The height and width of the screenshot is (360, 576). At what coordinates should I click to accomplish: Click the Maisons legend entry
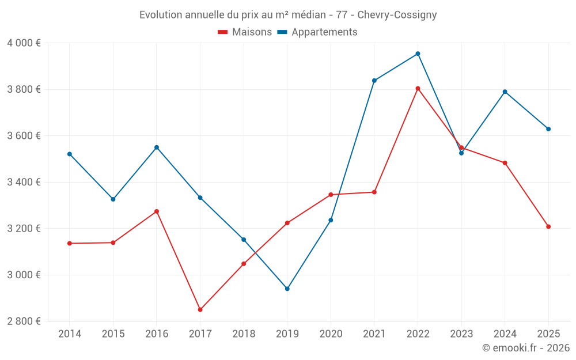(x=245, y=32)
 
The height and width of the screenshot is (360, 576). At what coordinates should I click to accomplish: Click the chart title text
(x=288, y=14)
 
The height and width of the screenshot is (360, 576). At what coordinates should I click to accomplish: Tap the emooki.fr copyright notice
(x=525, y=347)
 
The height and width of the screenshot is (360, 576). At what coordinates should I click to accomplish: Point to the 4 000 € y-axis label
(x=24, y=43)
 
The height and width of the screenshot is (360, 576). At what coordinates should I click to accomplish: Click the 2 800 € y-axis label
(x=24, y=321)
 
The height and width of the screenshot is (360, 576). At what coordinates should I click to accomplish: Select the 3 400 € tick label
(x=24, y=182)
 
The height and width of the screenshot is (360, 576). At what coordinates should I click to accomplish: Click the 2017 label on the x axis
(x=200, y=334)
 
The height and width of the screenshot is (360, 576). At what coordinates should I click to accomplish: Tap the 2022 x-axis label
(x=418, y=334)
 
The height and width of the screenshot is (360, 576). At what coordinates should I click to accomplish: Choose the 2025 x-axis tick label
(x=548, y=334)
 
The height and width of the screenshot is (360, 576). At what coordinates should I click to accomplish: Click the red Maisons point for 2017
(x=200, y=310)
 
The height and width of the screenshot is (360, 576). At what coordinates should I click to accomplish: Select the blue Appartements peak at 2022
(x=418, y=54)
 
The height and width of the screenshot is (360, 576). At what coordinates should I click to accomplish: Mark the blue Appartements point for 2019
(x=287, y=289)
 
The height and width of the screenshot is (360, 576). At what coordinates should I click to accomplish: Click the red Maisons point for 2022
(x=418, y=89)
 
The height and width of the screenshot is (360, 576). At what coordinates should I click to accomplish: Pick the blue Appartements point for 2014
(x=70, y=154)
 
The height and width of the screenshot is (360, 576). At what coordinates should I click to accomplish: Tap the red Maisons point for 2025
(x=548, y=226)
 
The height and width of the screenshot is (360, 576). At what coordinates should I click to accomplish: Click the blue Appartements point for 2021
(x=374, y=81)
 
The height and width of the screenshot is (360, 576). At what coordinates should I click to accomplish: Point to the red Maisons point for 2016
(x=157, y=211)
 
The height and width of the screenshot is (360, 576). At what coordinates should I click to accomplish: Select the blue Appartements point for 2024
(x=505, y=92)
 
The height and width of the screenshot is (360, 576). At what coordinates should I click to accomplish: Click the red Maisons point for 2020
(x=331, y=195)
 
